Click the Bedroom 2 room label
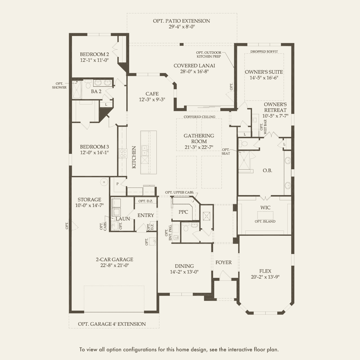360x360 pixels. (x=94, y=54)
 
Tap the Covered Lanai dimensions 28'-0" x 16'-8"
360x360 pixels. (x=194, y=71)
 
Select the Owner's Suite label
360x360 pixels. (x=264, y=72)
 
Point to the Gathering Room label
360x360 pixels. (x=199, y=138)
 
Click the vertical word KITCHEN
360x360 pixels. (x=134, y=157)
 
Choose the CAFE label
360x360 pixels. (x=152, y=94)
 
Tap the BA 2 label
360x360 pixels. (x=96, y=91)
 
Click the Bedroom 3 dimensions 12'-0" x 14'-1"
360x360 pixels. (x=94, y=152)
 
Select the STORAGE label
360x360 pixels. (x=89, y=199)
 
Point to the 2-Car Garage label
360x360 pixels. (x=114, y=260)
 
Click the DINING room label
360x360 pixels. (x=184, y=266)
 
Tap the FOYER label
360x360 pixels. (x=224, y=262)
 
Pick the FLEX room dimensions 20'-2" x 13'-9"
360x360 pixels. (x=265, y=277)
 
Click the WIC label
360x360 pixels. (x=265, y=208)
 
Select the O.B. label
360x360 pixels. (x=267, y=170)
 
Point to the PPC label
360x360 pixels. (x=183, y=212)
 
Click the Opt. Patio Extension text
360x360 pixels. (x=181, y=21)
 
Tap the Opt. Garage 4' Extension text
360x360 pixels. (x=112, y=324)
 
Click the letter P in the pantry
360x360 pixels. (x=118, y=184)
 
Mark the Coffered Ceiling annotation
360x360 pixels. (x=199, y=117)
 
